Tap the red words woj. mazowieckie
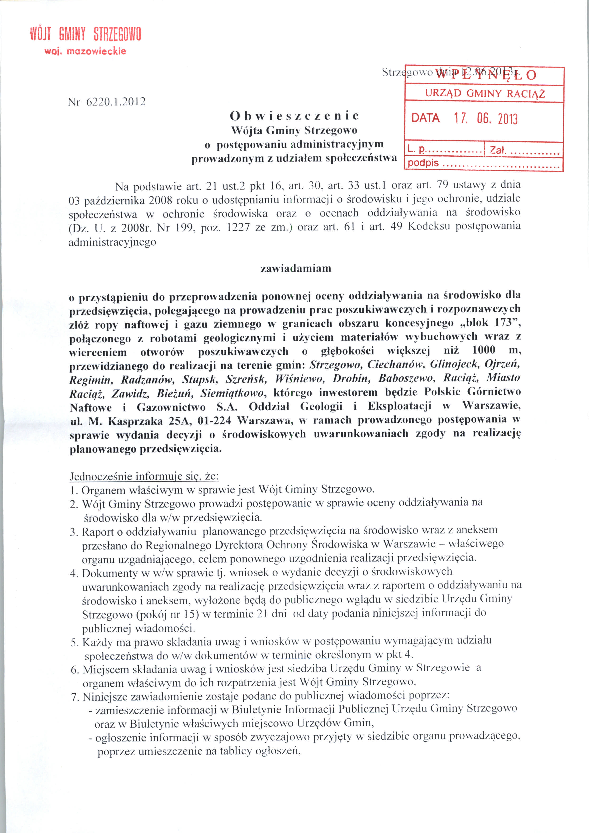click(85, 51)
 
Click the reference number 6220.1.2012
click(116, 102)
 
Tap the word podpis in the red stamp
click(423, 163)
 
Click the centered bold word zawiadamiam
click(296, 269)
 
